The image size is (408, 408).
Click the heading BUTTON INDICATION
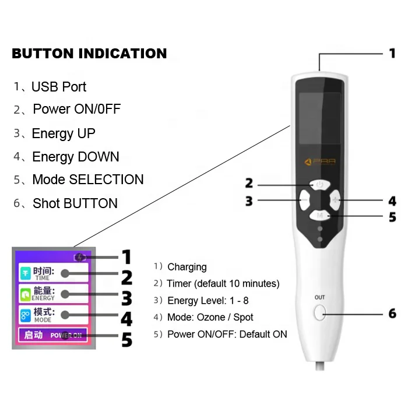[89, 54]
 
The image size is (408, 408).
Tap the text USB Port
[58, 87]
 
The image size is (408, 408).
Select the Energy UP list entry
[64, 133]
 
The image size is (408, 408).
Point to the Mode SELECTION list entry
[87, 180]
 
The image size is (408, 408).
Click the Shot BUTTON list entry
[75, 203]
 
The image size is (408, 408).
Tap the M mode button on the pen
[319, 216]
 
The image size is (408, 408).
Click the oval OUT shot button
[319, 313]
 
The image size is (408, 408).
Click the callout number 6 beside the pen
[392, 314]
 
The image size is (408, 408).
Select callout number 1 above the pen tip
[392, 54]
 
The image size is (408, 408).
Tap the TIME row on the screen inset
[53, 272]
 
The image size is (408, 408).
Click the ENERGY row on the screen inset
[53, 294]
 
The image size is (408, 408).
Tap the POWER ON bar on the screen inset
[53, 335]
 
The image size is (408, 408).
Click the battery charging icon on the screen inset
[80, 257]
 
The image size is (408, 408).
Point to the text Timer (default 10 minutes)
[223, 284]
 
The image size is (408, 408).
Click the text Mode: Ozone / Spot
[210, 318]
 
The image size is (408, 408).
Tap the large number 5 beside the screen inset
[126, 339]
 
